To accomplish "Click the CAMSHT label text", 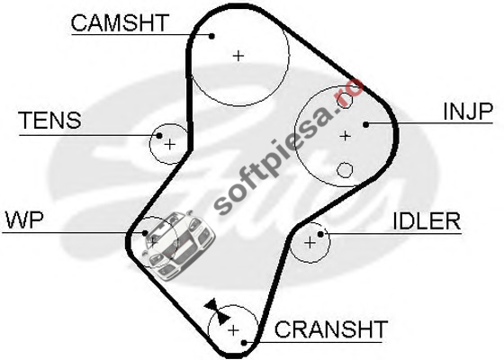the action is pos(120,22).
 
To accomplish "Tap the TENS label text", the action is pos(50,121).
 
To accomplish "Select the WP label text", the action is pos(24,220).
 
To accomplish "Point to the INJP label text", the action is pos(468,112).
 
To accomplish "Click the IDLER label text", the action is pos(427,221).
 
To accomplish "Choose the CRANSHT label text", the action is pos(331,328).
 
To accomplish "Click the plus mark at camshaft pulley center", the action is pos(238,56).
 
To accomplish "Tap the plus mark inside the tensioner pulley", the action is pos(170,144).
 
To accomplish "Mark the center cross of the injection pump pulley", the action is pos(345,136).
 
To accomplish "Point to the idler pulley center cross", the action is pos(310,243).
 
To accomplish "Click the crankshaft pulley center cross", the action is pos(233,330).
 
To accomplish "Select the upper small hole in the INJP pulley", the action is pos(344,100).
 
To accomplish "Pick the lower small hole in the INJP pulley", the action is pos(345,170).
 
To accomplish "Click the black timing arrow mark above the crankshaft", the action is pos(218,311).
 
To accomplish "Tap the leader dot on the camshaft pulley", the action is pos(211,36).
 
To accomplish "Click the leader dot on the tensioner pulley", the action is pos(159,136).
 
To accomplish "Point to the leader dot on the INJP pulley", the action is pos(365,124).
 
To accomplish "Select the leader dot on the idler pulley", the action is pos(320,234).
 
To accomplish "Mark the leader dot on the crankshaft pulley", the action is pos(244,343).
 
